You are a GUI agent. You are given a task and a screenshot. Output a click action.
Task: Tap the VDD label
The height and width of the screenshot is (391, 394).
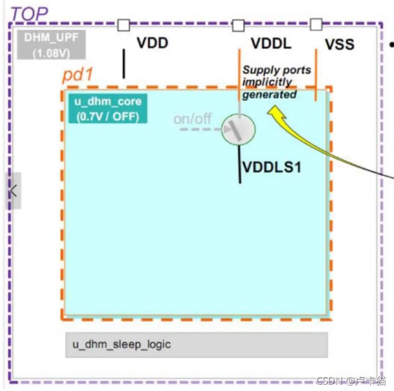pyautogui.click(x=152, y=43)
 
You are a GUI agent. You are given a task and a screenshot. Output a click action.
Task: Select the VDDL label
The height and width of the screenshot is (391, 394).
pyautogui.click(x=271, y=43)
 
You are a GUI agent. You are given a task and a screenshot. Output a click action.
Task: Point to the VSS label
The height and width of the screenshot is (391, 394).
pyautogui.click(x=339, y=44)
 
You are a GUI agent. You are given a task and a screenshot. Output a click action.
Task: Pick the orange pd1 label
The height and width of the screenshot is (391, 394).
pyautogui.click(x=78, y=75)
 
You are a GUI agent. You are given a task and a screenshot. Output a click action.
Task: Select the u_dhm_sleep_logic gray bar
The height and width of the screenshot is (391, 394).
pyautogui.click(x=196, y=345)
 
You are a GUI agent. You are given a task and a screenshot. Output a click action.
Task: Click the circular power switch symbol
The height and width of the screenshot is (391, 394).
pyautogui.click(x=239, y=128)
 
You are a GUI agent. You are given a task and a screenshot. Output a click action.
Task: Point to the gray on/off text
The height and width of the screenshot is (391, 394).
pyautogui.click(x=193, y=119)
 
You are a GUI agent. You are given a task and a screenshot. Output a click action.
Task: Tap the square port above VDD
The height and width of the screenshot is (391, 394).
pyautogui.click(x=124, y=25)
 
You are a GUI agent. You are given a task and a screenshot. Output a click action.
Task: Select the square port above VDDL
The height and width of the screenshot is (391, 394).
pyautogui.click(x=239, y=25)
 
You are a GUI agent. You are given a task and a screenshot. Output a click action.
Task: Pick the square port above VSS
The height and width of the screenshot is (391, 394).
pyautogui.click(x=316, y=24)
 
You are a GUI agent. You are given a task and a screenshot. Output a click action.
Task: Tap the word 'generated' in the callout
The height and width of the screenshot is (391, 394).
pyautogui.click(x=270, y=95)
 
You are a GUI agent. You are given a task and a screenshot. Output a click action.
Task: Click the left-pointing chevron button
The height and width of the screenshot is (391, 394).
pyautogui.click(x=13, y=191)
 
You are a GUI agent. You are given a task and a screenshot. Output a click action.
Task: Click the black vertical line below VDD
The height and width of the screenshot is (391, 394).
pyautogui.click(x=124, y=63)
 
